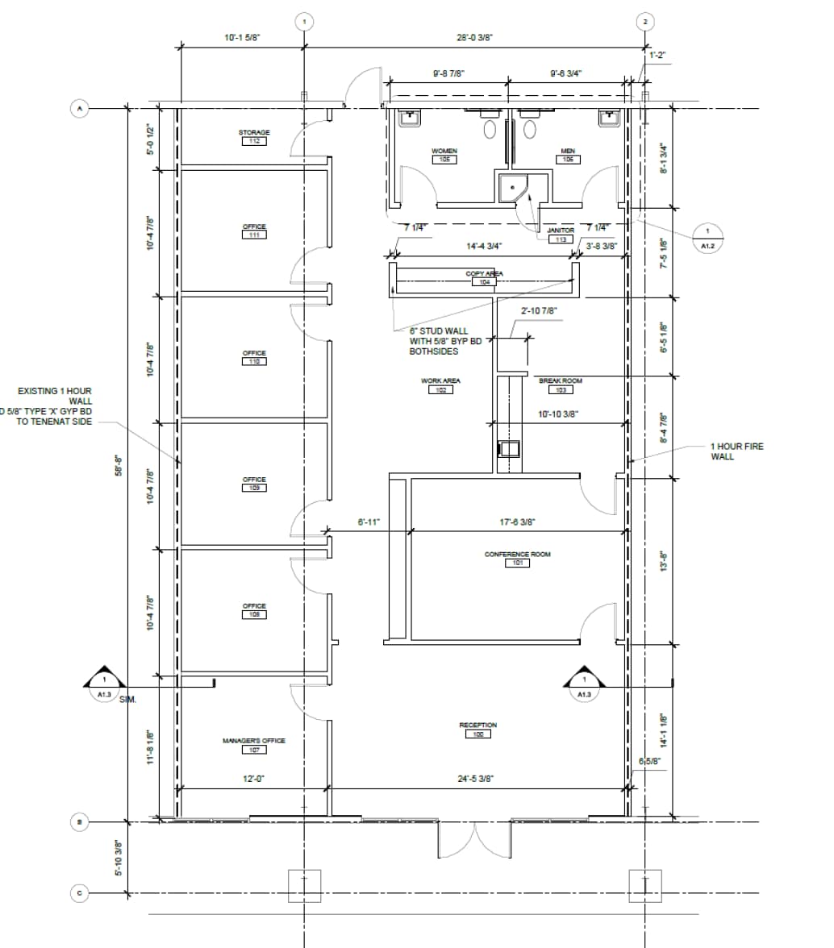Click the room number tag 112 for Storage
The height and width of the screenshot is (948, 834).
tap(254, 141)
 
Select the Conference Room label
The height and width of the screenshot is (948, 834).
tap(517, 555)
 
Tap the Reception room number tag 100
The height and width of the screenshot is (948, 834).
tap(477, 734)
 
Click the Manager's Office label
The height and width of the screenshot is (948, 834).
tap(253, 740)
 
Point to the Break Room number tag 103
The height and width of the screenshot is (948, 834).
tap(561, 389)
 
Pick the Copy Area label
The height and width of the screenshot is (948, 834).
tap(484, 274)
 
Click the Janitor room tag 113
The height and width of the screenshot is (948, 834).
tap(561, 239)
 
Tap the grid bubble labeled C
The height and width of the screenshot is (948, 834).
tap(79, 893)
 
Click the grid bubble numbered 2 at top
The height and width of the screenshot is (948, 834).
tap(644, 22)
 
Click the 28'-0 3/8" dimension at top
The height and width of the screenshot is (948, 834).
tap(473, 37)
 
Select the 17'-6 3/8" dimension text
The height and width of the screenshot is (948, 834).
tap(517, 522)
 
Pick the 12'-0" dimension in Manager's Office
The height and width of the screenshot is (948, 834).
tap(255, 779)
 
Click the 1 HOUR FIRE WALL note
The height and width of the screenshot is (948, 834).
tap(736, 451)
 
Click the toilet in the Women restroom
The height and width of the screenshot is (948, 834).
tap(490, 128)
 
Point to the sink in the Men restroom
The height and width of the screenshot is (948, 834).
tap(608, 118)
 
